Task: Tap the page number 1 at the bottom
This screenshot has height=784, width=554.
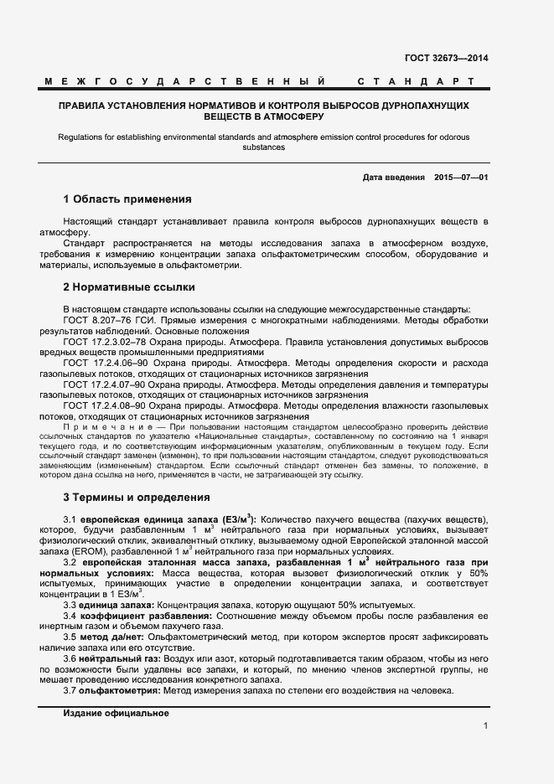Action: coord(485,725)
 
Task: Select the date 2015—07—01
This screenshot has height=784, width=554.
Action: coord(461,178)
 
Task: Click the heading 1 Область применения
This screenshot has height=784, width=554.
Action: coord(127,200)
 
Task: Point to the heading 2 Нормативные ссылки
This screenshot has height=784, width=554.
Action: coord(123,287)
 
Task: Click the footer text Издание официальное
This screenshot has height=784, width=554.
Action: coord(116,689)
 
